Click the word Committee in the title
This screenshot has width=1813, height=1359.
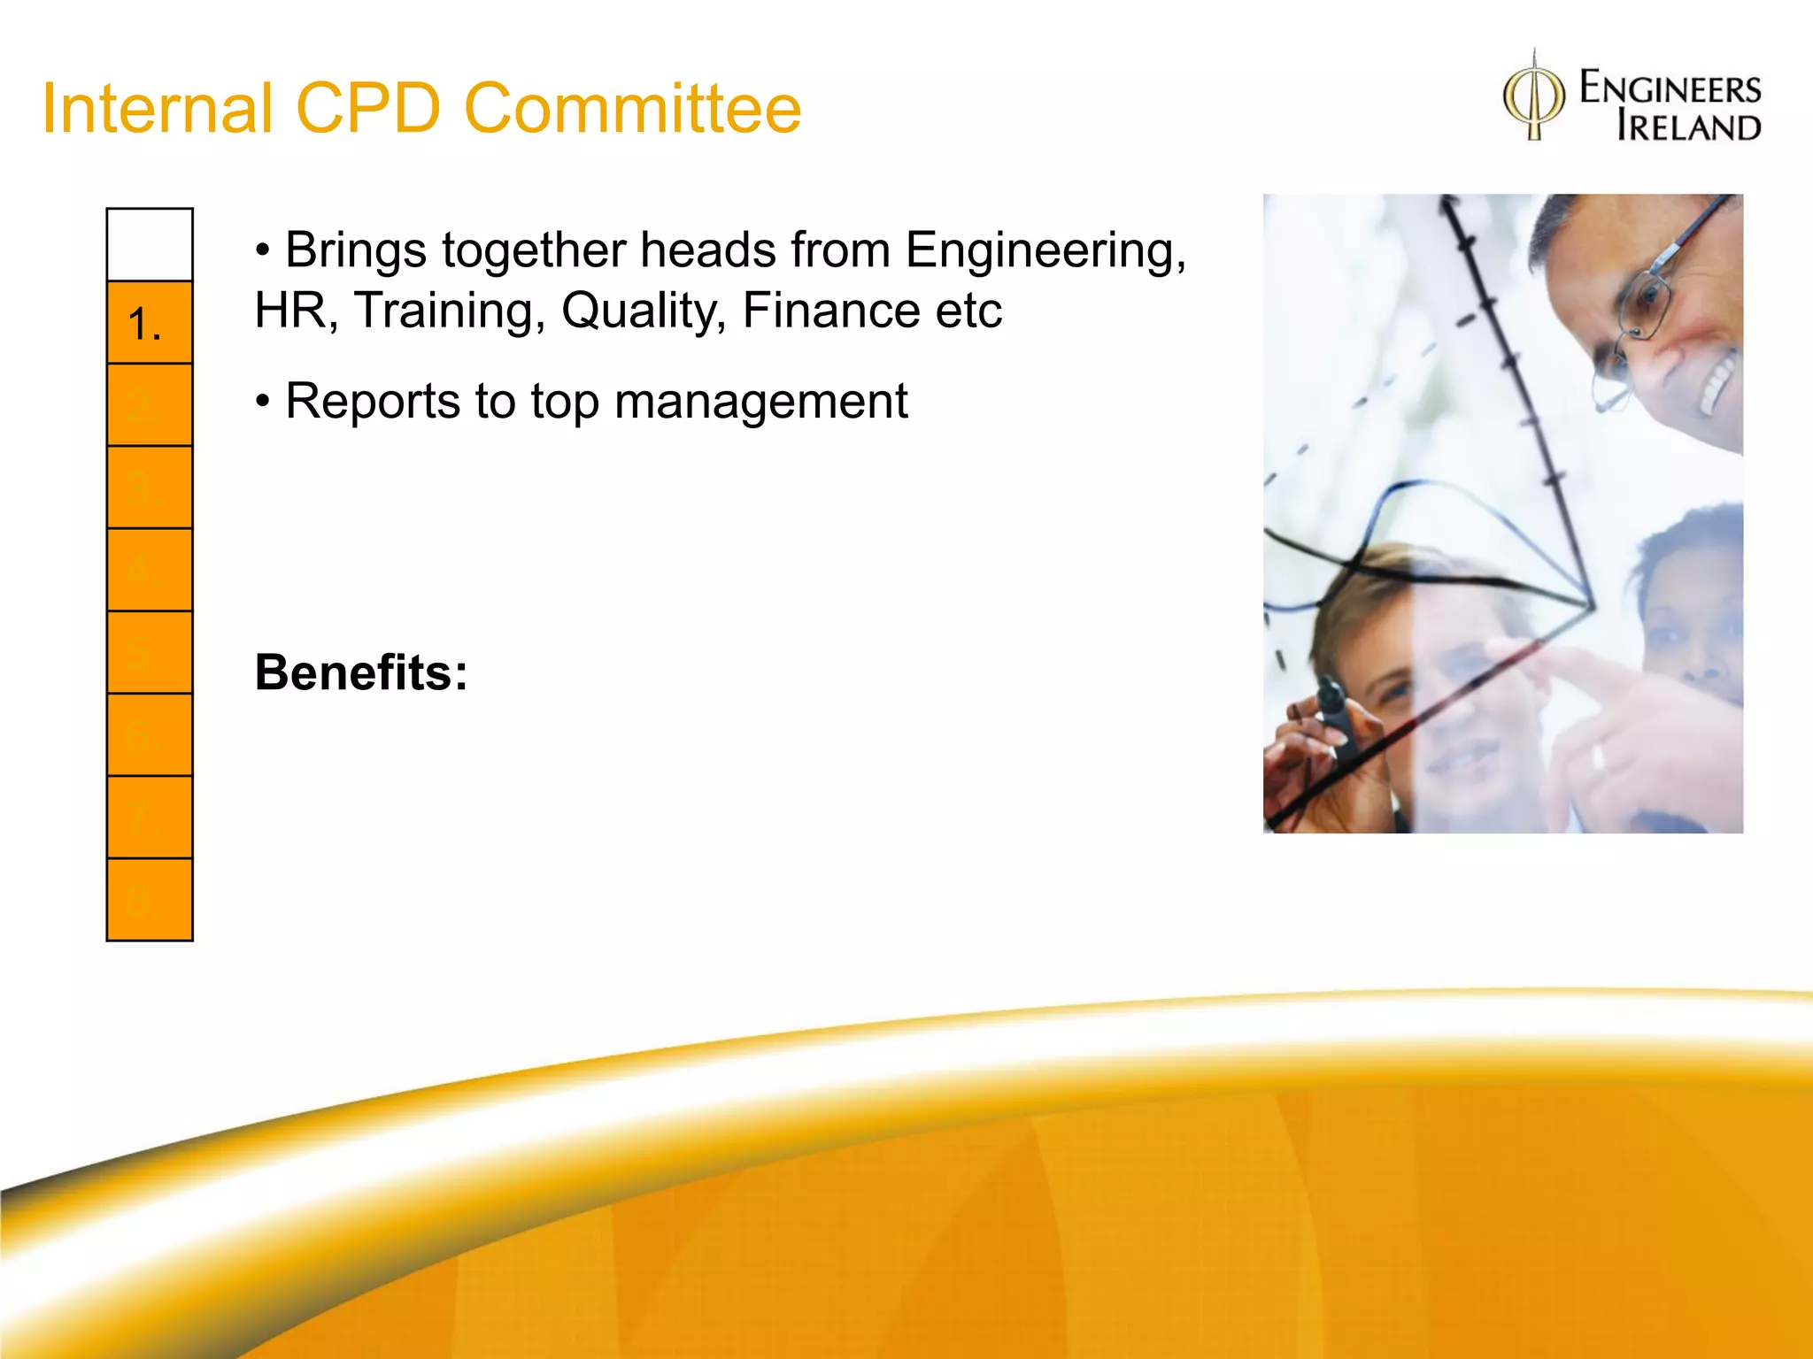coord(632,108)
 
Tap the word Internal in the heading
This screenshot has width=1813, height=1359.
coord(158,108)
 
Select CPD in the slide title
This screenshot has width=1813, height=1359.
coord(367,108)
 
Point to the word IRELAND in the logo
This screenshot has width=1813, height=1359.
coord(1688,127)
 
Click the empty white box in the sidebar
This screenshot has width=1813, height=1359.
coord(150,245)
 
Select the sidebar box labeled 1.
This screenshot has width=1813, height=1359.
coord(150,323)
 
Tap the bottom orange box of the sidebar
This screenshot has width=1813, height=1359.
coord(150,900)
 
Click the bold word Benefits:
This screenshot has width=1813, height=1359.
coord(361,672)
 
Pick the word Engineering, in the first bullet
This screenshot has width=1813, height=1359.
coord(1045,250)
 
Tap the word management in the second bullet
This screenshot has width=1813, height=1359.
coord(760,402)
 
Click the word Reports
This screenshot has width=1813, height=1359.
coord(373,402)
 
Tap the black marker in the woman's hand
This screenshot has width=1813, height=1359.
coord(1337,717)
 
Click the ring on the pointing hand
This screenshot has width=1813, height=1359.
coord(1598,757)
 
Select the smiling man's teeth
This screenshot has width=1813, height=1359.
coord(1713,380)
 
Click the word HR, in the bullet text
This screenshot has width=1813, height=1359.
coord(296,311)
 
